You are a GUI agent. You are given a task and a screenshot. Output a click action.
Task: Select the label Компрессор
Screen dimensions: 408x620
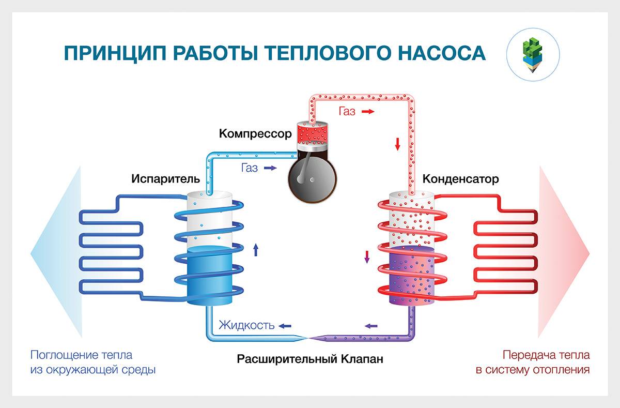tap(255, 134)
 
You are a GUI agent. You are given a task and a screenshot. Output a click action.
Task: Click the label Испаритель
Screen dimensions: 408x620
tap(165, 179)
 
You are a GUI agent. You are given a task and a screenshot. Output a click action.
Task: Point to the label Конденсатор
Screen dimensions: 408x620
tap(461, 179)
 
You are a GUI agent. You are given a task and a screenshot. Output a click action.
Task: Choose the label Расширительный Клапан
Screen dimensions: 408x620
tap(311, 358)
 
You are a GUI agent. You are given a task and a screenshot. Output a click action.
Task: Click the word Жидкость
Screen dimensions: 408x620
tap(246, 325)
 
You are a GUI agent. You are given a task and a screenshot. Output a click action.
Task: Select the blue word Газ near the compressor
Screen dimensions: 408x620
tap(250, 168)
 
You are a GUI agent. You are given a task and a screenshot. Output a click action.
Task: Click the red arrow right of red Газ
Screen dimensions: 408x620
tap(368, 111)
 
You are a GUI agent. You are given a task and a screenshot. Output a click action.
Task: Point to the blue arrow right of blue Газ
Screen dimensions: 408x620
tap(270, 168)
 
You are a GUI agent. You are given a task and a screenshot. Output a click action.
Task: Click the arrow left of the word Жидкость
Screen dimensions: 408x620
tap(285, 326)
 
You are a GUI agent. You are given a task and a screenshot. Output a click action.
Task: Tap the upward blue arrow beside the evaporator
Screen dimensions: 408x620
tap(256, 250)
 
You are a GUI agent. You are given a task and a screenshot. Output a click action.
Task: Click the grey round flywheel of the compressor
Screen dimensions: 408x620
tap(309, 180)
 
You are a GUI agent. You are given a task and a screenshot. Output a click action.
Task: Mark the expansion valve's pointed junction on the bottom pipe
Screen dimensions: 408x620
tap(309, 338)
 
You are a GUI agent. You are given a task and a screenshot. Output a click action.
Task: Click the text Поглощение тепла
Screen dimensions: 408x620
tap(81, 355)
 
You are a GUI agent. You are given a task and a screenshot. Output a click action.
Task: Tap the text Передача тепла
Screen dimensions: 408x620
tap(546, 355)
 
